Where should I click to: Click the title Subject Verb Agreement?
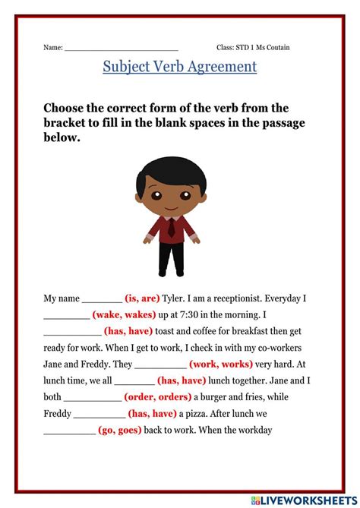point(180,67)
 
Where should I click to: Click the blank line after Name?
point(122,48)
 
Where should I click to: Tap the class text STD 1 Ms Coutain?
point(253,47)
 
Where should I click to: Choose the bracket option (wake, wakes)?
point(125,314)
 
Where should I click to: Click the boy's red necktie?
point(172,226)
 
